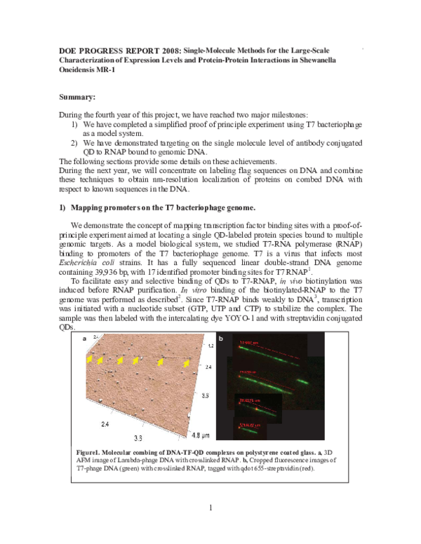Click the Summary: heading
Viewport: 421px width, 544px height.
pos(79,97)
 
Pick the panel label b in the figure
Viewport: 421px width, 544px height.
pos(221,339)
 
